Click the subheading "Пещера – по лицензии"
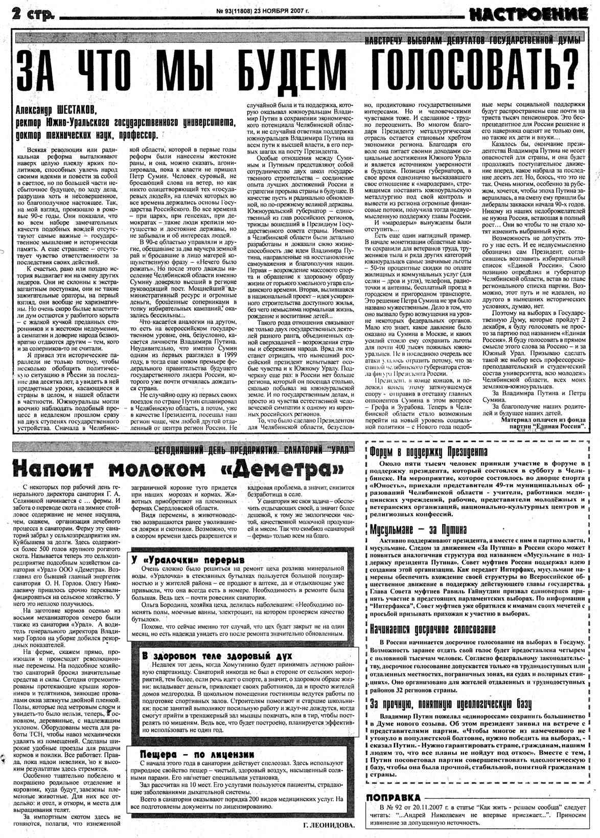[x=196, y=754]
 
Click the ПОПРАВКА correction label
[x=394, y=798]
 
